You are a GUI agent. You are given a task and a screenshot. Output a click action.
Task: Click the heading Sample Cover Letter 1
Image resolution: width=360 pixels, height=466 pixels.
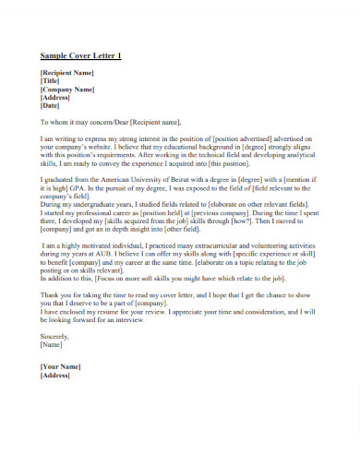(x=80, y=56)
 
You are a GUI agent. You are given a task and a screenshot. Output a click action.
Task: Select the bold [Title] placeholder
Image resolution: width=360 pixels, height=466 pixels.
(x=51, y=80)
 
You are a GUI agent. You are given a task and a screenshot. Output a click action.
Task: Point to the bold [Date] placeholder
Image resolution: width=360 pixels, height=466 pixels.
(x=50, y=107)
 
